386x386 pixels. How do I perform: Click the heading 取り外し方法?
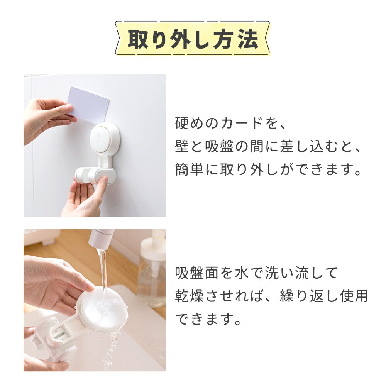coord(193,39)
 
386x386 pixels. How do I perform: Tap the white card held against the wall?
coord(89,105)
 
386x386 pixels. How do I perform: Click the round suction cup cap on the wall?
coord(104,140)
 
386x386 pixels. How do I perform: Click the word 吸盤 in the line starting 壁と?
coord(220,146)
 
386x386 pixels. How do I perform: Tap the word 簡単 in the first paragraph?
coord(189,169)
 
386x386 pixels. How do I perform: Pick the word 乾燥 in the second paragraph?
coord(189,296)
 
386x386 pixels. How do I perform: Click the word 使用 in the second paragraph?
coord(354,296)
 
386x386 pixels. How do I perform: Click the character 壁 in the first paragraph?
coord(182,146)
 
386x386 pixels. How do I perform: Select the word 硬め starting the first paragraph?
coord(189,123)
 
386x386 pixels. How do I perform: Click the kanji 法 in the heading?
coord(248,39)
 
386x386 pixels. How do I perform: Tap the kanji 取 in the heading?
coord(138,39)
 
